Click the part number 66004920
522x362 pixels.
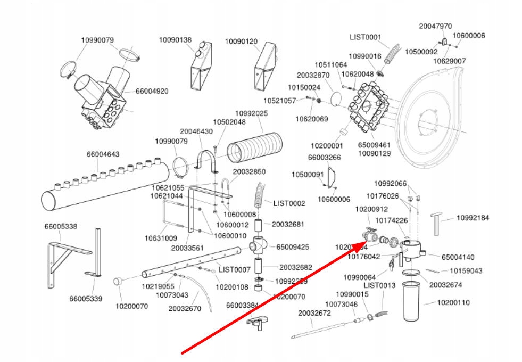[152, 91]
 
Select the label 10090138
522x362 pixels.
[175, 40]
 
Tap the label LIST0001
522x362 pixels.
[366, 37]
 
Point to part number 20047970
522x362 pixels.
[435, 26]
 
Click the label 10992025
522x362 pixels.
[251, 113]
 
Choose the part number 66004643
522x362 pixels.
[103, 154]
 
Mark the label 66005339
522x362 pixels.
[85, 298]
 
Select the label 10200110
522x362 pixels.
[453, 302]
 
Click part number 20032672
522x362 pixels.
[314, 313]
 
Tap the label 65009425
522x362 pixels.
[293, 247]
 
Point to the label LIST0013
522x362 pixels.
[379, 285]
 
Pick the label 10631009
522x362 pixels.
[161, 238]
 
